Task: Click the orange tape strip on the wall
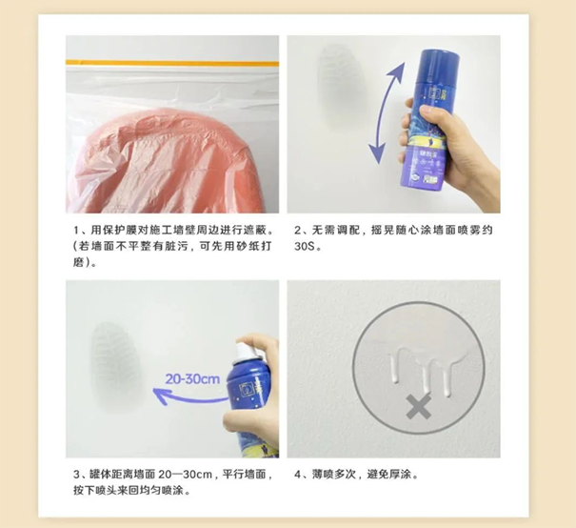point(172,63)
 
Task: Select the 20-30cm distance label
point(192,378)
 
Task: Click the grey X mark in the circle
point(418,407)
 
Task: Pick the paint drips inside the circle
point(423,372)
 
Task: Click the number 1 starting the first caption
point(76,231)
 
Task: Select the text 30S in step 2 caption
point(304,246)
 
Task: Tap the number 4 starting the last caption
point(298,475)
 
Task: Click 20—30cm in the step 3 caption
point(186,475)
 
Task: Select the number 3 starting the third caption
point(76,475)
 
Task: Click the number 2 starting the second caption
point(298,231)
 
